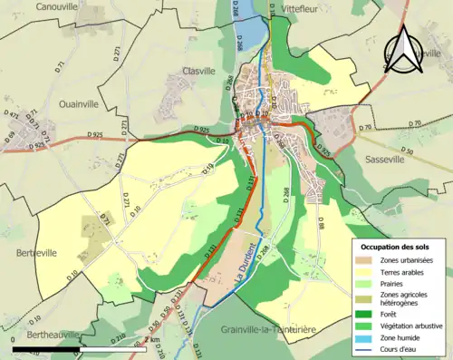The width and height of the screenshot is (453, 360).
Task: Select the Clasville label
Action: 198,70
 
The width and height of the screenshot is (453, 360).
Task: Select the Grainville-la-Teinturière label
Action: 275,330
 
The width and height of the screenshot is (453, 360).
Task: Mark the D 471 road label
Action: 12,116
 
